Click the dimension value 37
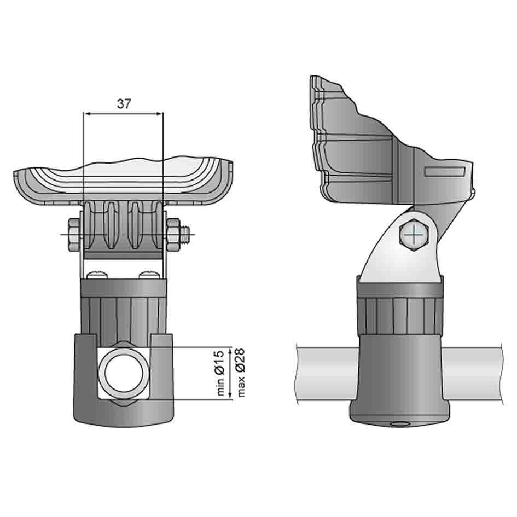tap(124, 103)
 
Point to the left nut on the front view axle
tap(74, 235)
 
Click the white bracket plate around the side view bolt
tap(391, 257)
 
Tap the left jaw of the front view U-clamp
tap(85, 377)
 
